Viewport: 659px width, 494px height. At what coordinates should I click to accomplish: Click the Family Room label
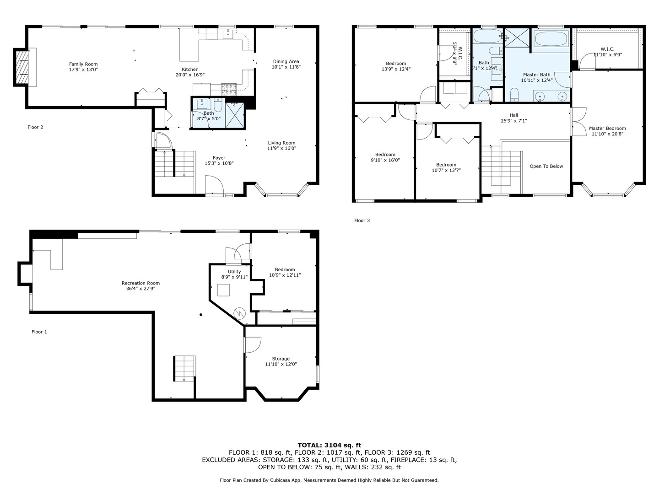tap(83, 64)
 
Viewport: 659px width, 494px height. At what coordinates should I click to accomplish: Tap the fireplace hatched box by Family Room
tap(22, 67)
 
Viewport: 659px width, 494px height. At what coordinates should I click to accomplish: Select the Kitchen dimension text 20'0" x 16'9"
tap(190, 75)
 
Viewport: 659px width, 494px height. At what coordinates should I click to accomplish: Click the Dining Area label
tap(286, 61)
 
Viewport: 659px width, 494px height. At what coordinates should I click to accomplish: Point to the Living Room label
tap(281, 143)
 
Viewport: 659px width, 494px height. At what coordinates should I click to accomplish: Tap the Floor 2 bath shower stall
tap(235, 114)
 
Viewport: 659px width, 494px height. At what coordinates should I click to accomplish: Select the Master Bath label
tap(536, 75)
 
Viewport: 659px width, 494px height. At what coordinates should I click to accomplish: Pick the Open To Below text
tap(546, 166)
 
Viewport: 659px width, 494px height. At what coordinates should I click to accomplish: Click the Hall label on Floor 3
tap(513, 115)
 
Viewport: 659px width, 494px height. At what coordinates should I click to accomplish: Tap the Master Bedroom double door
tap(579, 122)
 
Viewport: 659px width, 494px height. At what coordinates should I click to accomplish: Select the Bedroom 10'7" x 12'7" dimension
tap(446, 171)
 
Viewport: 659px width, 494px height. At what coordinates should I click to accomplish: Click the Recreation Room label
tap(140, 283)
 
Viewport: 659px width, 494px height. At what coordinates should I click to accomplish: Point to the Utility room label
tap(234, 271)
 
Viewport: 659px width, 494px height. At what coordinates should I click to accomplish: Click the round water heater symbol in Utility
tap(240, 313)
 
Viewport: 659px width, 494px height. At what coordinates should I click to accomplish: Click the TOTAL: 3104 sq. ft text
tap(329, 445)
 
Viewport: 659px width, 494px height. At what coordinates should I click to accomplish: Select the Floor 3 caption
tap(362, 220)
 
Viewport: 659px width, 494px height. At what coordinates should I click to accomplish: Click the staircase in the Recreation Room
tap(184, 368)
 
